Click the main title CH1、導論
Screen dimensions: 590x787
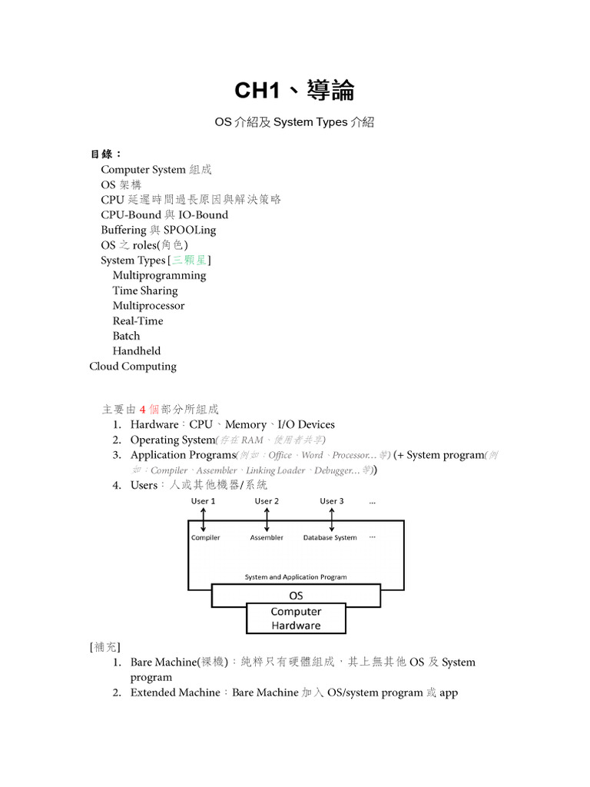[x=294, y=91]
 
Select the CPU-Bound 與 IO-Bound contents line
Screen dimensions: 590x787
[x=164, y=214]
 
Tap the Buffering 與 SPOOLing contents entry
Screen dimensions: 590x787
[x=158, y=230]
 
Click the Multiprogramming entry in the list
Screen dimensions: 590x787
[x=159, y=275]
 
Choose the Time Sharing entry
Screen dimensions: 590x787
[x=144, y=291]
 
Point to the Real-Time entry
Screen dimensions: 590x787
[x=138, y=320]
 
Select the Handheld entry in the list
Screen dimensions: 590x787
[x=137, y=350]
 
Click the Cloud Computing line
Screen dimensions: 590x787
[x=133, y=366]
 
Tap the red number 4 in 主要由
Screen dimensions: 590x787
[x=142, y=409]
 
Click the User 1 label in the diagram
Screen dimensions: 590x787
[x=203, y=501]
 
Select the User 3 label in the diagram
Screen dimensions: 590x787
[x=331, y=501]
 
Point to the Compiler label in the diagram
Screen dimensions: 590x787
[x=205, y=538]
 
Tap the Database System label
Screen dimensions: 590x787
[x=330, y=538]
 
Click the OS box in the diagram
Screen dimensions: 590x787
[x=296, y=595]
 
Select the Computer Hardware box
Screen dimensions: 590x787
[x=296, y=619]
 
